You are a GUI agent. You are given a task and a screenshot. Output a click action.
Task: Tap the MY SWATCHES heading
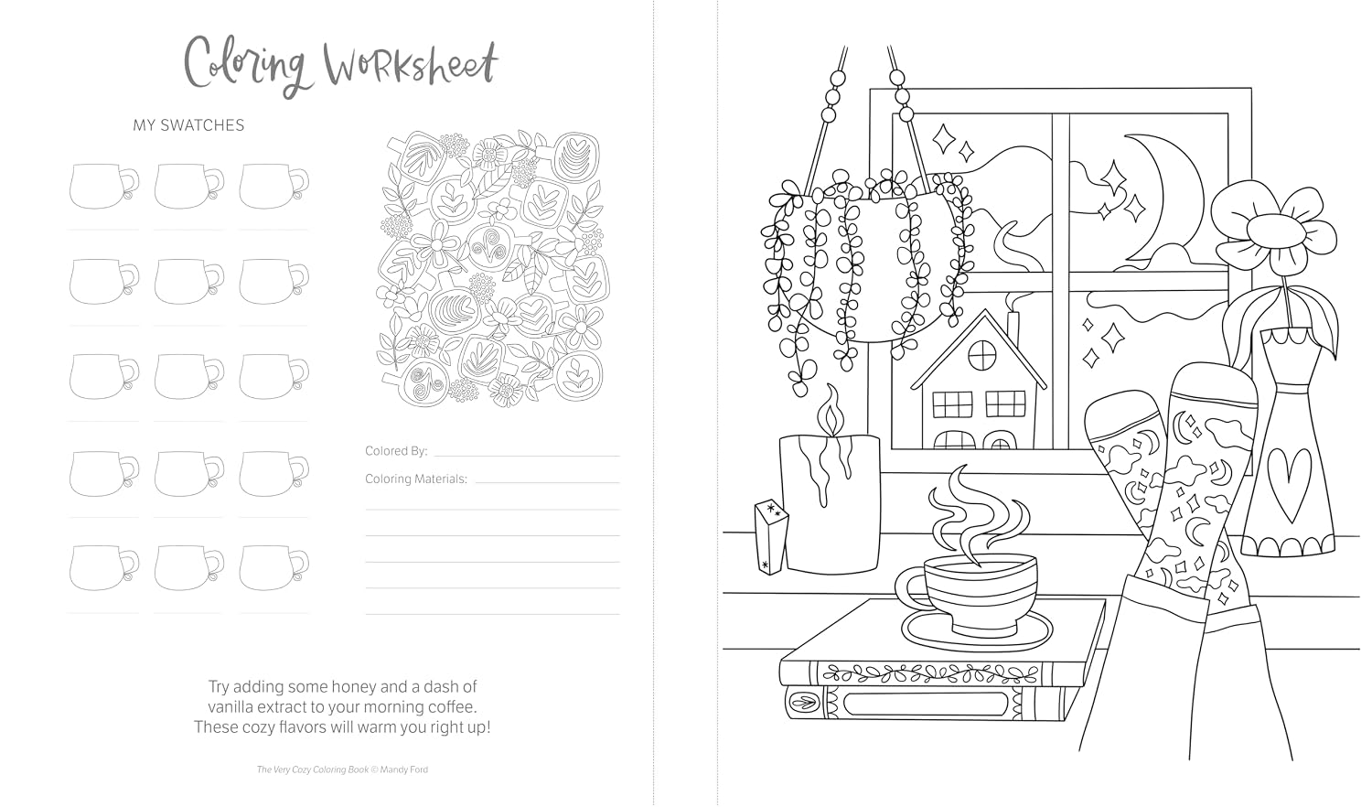(188, 125)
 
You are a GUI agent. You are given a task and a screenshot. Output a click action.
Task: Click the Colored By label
(396, 451)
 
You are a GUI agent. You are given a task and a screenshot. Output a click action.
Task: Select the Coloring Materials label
(416, 479)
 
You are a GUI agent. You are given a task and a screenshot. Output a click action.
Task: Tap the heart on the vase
(1289, 485)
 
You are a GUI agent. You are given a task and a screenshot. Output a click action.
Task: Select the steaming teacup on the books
(966, 595)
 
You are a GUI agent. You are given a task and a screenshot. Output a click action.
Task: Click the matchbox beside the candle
(771, 537)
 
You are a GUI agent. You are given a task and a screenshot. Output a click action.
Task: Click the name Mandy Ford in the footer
(404, 769)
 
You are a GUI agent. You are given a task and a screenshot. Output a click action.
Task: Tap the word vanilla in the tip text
(230, 706)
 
